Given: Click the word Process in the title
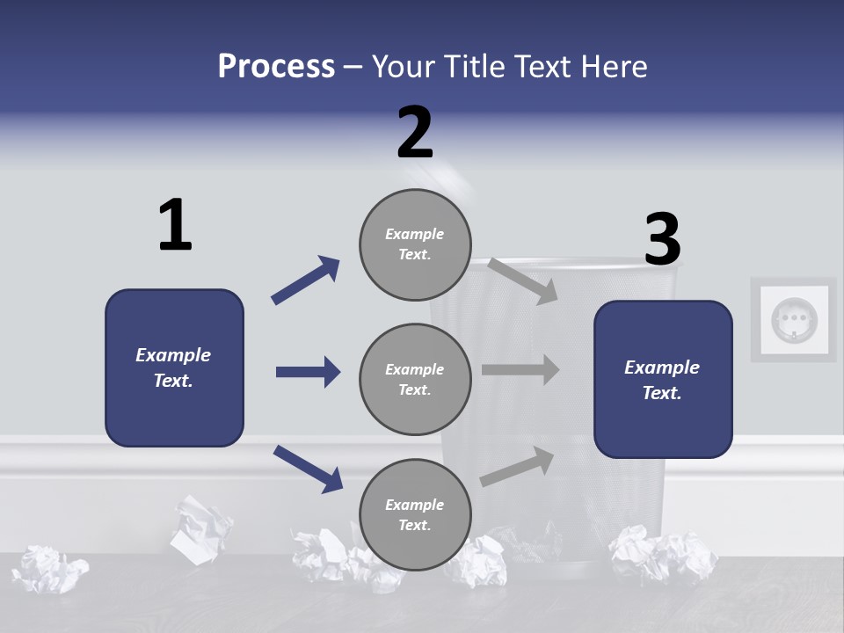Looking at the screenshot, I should click(276, 67).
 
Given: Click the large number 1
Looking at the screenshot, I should click(175, 225).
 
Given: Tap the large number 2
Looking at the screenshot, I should click(415, 132).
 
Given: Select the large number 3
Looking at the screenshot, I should click(662, 239).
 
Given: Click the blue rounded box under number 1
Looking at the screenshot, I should click(174, 367).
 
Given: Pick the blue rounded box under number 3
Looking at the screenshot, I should click(663, 379).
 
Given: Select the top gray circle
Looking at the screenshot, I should click(415, 244).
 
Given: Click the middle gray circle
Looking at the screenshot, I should click(415, 379).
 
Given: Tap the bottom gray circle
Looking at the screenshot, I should click(415, 514).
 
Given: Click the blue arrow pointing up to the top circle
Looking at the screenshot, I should click(305, 280).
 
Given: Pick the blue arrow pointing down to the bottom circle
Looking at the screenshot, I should click(308, 469).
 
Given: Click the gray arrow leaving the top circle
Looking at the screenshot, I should click(522, 280).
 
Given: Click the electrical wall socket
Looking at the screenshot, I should click(794, 319).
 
